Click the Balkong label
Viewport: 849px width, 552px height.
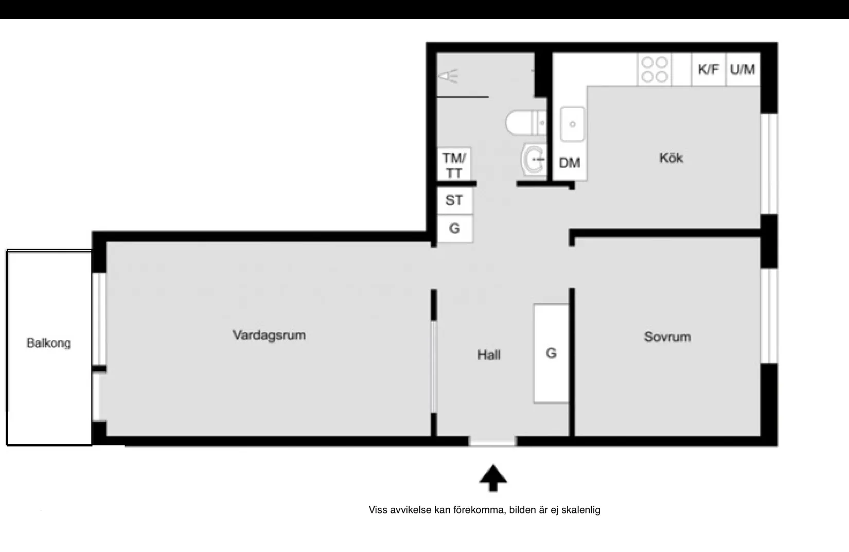pos(48,343)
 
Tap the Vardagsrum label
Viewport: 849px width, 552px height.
pos(269,335)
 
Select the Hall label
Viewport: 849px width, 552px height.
pos(489,354)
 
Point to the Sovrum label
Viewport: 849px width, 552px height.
pos(667,337)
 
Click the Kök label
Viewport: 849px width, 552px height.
pos(671,158)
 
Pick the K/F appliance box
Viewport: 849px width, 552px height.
pos(708,69)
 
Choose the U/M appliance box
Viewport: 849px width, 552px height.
pos(742,69)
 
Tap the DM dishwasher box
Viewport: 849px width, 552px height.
pos(570,163)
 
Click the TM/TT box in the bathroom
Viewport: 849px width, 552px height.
pos(454,165)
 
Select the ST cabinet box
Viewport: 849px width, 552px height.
pos(454,200)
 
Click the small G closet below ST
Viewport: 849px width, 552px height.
pos(454,228)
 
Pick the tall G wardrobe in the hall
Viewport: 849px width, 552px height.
pos(551,353)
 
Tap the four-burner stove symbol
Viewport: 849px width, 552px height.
pos(655,69)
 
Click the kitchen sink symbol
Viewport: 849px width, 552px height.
pos(572,123)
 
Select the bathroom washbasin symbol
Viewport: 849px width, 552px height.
pos(533,159)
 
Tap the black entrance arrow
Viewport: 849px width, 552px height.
pos(493,478)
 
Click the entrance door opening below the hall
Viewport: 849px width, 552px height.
pos(492,441)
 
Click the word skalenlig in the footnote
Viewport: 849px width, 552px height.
pos(580,510)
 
